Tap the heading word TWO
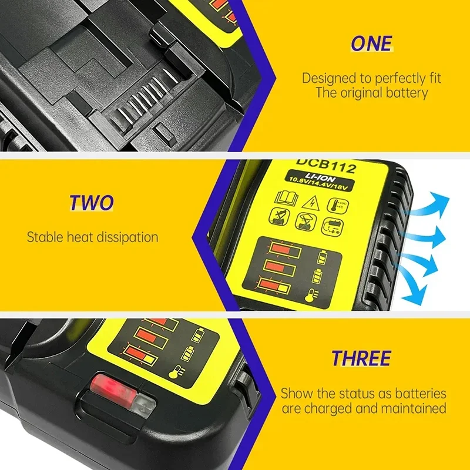coord(92,203)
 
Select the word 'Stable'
coord(43,237)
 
